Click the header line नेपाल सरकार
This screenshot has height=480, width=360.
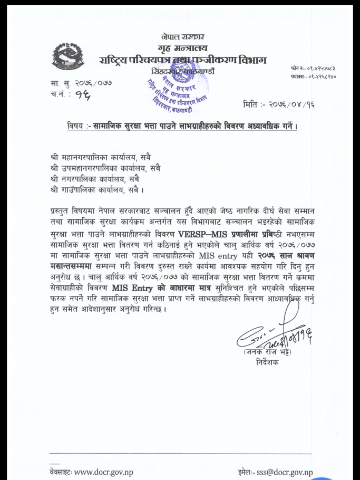[x=183, y=36]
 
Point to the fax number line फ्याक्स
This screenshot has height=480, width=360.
[x=313, y=76]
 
